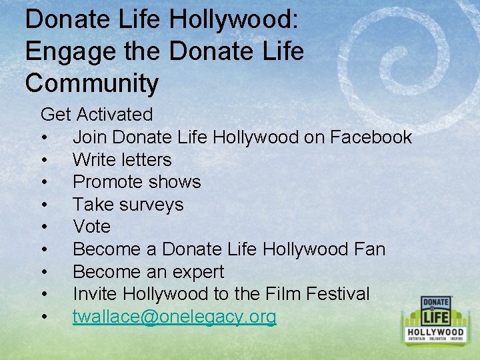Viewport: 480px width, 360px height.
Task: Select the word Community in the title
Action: pyautogui.click(x=92, y=83)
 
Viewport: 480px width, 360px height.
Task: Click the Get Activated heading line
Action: pyautogui.click(x=97, y=115)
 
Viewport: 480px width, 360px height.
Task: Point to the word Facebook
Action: pyautogui.click(x=371, y=137)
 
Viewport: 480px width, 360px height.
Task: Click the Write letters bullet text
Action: pyautogui.click(x=122, y=160)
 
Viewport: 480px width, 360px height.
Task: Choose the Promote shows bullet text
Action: pyautogui.click(x=137, y=182)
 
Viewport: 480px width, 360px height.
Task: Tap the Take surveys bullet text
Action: pyautogui.click(x=128, y=205)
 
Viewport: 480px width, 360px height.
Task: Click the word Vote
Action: pyautogui.click(x=91, y=227)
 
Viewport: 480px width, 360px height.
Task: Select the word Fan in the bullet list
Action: pyautogui.click(x=371, y=249)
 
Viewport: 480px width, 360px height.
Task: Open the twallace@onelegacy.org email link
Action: pyautogui.click(x=174, y=317)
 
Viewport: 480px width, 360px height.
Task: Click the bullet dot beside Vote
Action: pyautogui.click(x=43, y=227)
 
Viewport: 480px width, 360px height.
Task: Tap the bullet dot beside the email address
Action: pyautogui.click(x=43, y=317)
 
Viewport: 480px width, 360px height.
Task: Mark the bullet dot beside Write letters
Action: pyautogui.click(x=43, y=161)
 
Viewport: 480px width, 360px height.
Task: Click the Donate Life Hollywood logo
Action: pyautogui.click(x=436, y=320)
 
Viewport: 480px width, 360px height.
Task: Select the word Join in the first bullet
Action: pyautogui.click(x=90, y=137)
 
